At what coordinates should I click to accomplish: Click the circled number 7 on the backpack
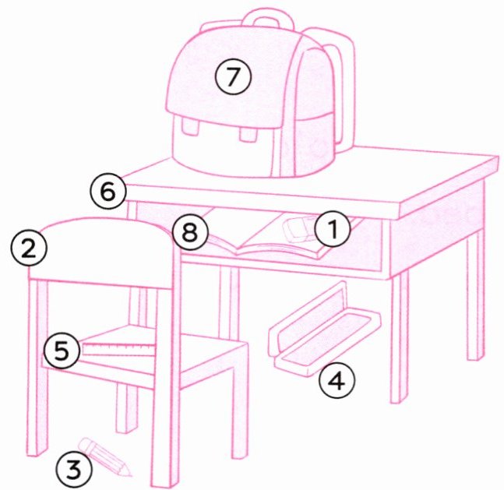(233, 76)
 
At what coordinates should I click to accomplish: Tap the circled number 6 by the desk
(108, 192)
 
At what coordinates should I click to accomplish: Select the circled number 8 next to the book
(190, 232)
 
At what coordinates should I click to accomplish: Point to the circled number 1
(333, 228)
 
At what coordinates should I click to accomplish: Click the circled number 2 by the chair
(29, 249)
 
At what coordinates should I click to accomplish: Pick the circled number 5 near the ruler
(62, 350)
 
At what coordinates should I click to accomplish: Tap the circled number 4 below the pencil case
(337, 382)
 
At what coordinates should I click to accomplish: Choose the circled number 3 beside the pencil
(73, 471)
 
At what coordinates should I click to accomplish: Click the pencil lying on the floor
(105, 456)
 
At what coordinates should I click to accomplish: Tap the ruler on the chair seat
(118, 349)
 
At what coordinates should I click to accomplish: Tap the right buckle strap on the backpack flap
(248, 132)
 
